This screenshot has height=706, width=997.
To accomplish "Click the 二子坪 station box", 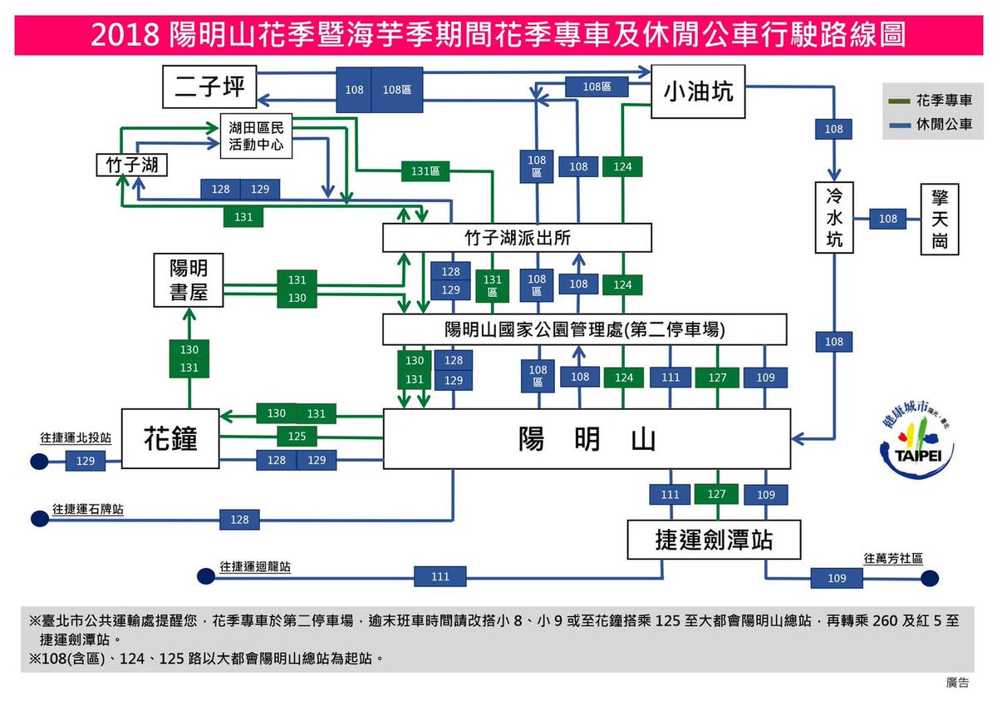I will (209, 87).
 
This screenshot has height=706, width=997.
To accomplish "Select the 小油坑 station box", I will (697, 91).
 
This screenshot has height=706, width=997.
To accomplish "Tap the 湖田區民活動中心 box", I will (256, 136).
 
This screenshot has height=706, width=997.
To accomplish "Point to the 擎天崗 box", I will (940, 220).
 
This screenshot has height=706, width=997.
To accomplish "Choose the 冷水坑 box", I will (834, 219).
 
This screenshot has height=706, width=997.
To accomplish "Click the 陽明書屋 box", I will (189, 280).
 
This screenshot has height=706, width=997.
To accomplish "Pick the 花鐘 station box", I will (170, 438).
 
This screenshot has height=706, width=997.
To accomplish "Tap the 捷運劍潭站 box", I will (714, 541).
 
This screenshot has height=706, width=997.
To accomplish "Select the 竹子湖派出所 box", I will (517, 239).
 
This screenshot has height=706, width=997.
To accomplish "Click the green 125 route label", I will (297, 437).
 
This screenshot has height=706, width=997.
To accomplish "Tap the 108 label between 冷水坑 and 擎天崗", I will (888, 219).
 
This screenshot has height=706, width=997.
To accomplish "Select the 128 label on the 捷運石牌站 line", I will (239, 520).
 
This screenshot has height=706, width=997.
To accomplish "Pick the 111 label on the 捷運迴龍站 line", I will (440, 576).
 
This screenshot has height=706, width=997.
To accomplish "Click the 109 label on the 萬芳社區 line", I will (837, 578).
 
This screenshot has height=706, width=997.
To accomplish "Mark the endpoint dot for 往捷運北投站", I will (38, 461).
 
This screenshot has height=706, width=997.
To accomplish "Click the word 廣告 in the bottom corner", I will (957, 682).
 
